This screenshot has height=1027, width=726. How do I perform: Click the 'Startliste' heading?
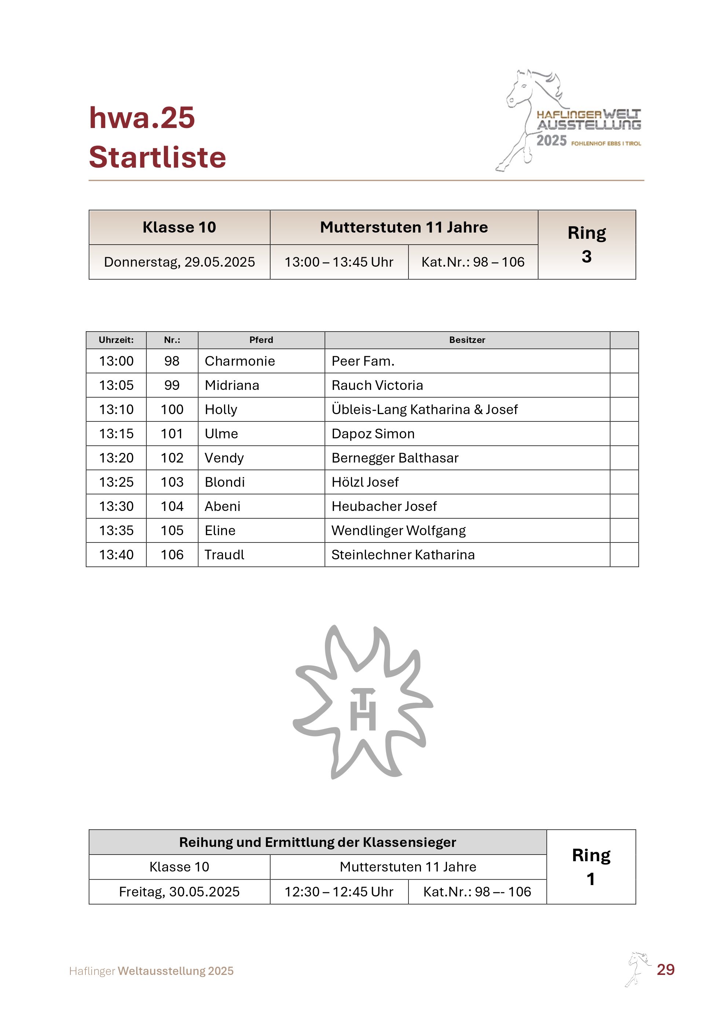[x=157, y=157]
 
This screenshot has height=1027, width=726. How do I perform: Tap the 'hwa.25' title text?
[x=142, y=118]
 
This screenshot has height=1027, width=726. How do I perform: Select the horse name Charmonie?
[x=239, y=361]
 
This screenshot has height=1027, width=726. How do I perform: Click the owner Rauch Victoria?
[x=377, y=385]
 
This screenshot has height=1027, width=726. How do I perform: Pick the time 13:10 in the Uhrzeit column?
[x=116, y=409]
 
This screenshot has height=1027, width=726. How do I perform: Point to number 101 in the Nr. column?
[x=172, y=434]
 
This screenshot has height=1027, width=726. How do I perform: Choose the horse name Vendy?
[x=224, y=458]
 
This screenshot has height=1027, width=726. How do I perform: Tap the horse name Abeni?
[x=222, y=506]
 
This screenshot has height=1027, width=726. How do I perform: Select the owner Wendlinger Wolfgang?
[x=398, y=530]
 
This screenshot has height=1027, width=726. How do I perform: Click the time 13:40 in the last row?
[x=116, y=555]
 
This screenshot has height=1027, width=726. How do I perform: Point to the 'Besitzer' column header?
[x=467, y=340]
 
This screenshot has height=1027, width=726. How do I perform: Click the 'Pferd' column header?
[x=261, y=340]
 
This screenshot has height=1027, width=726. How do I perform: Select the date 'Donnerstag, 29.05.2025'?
[x=179, y=262]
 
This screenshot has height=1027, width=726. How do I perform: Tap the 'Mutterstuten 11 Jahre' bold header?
[x=404, y=227]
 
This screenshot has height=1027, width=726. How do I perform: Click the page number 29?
[x=665, y=969]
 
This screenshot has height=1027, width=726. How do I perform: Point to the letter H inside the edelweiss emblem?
[x=363, y=716]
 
